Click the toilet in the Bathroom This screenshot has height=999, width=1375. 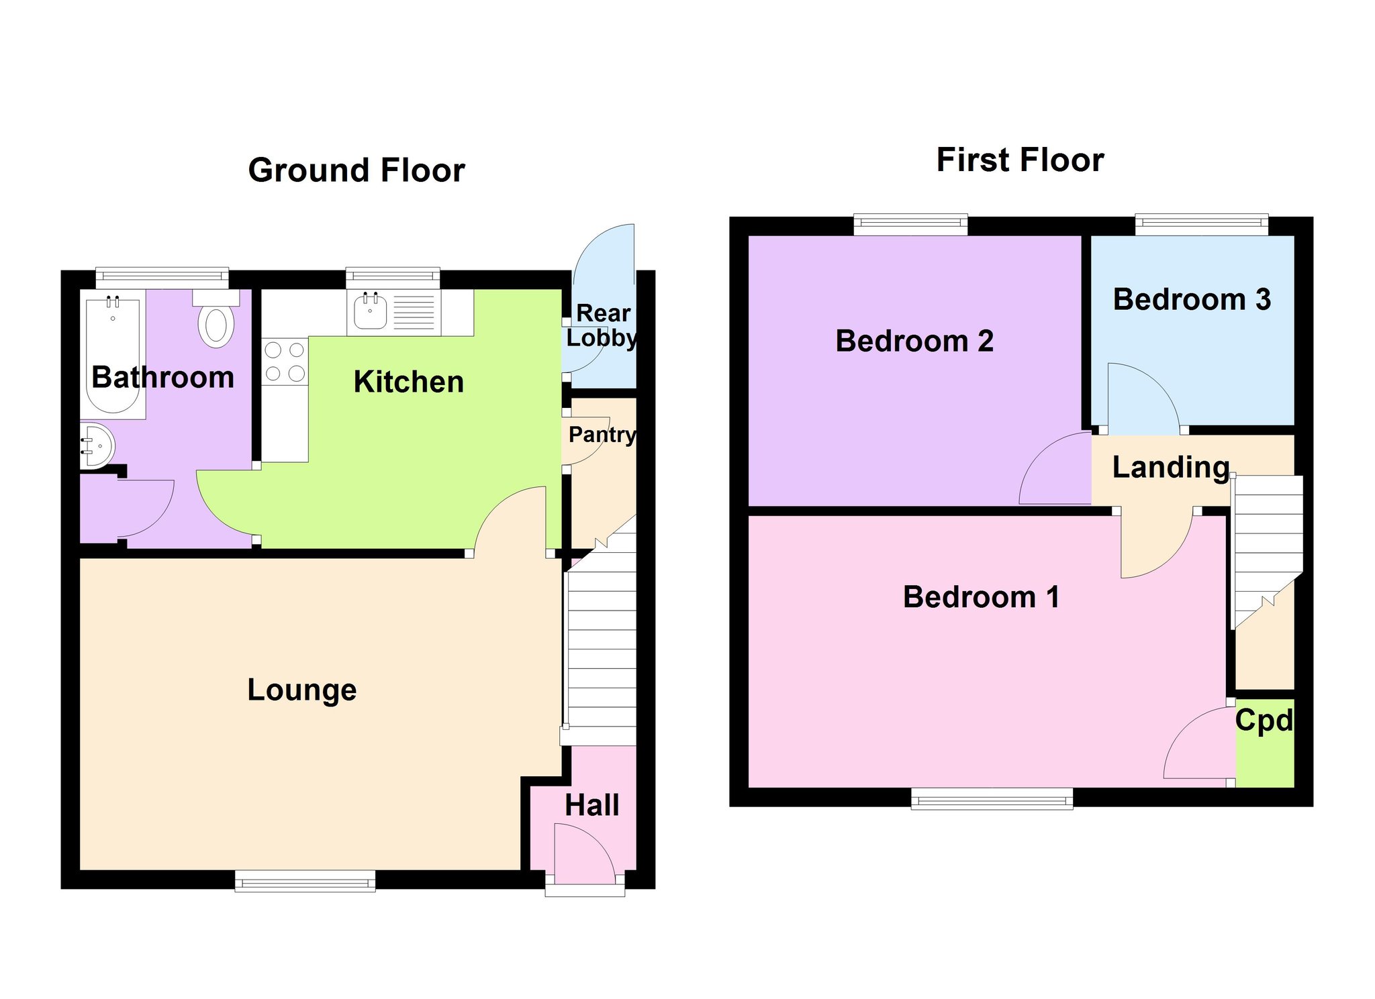click(216, 318)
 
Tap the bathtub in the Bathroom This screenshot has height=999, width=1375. click(113, 354)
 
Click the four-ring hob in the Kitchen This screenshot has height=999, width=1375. click(285, 361)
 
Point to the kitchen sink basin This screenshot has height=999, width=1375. click(370, 311)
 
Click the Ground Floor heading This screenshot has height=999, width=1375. click(357, 170)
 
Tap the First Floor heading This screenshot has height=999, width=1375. click(1020, 160)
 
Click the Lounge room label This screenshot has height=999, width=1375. click(302, 690)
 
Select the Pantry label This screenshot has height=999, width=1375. click(602, 435)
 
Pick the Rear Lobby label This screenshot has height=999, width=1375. click(602, 325)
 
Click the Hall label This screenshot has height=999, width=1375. click(591, 805)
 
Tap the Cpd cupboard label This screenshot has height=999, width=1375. click(1264, 721)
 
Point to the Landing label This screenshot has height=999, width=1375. click(1171, 468)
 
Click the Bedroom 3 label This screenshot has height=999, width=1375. click(1192, 299)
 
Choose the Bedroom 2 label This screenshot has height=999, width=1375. click(914, 341)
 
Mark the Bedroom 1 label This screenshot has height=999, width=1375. click(981, 597)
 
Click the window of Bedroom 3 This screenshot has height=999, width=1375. click(1201, 225)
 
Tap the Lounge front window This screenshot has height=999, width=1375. click(305, 881)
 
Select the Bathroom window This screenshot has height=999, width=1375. click(162, 278)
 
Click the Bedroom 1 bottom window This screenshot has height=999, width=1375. click(992, 798)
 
